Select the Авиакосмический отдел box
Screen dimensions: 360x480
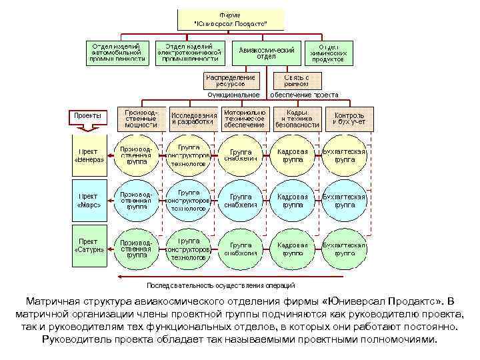click(x=266, y=53)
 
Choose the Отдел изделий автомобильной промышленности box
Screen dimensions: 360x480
click(x=117, y=53)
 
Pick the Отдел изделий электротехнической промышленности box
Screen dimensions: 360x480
click(x=189, y=53)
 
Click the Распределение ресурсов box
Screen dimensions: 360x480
click(x=229, y=81)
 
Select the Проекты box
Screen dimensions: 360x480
click(x=88, y=115)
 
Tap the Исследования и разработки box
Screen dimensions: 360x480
click(x=193, y=118)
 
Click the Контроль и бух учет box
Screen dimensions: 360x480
click(x=349, y=119)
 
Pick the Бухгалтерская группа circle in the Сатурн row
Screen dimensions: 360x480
click(x=344, y=249)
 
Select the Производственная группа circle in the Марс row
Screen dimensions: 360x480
click(x=137, y=201)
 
